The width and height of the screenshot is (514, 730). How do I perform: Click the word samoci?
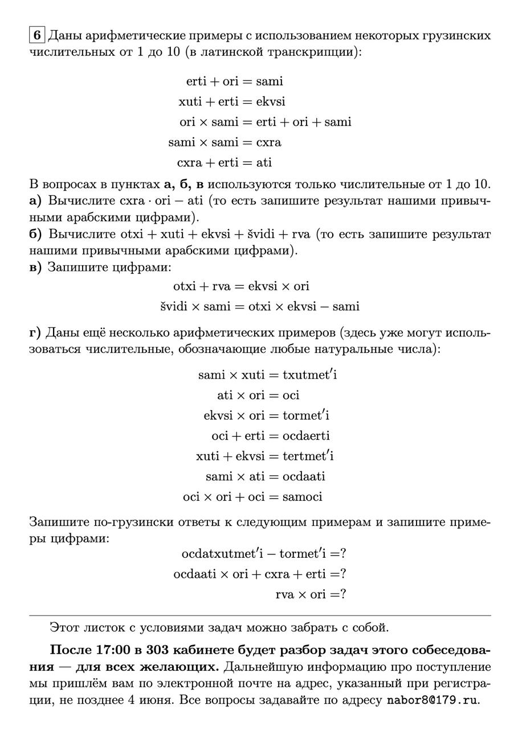point(303,497)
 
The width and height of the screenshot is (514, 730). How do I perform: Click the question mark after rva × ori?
point(343,594)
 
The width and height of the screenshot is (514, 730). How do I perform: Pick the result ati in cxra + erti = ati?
point(264,163)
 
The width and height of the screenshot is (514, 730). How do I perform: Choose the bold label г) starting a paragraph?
point(35,332)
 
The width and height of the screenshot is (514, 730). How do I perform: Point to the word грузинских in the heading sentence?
point(452,36)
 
